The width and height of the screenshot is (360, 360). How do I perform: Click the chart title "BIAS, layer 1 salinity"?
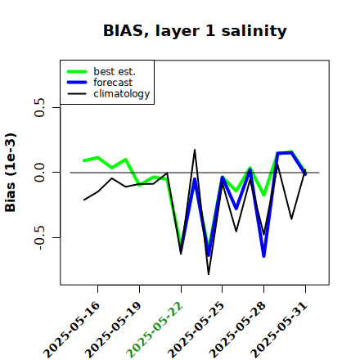(195, 31)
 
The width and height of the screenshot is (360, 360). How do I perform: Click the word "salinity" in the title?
(254, 31)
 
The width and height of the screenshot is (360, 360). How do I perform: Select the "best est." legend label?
(115, 71)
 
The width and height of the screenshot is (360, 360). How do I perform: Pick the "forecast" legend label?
(113, 83)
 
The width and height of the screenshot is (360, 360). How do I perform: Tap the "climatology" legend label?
(122, 94)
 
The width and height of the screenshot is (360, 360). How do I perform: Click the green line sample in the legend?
(77, 71)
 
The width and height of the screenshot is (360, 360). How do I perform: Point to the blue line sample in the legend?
(77, 83)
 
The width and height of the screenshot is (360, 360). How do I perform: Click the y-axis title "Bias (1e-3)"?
(11, 173)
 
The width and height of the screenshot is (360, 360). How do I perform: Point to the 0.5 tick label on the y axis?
(40, 107)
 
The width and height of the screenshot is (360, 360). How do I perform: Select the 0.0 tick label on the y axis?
(40, 173)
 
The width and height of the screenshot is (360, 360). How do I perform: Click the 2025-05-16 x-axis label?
(72, 330)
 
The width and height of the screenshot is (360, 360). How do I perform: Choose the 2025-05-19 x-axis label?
(113, 330)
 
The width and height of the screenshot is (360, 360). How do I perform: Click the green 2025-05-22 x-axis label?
(155, 330)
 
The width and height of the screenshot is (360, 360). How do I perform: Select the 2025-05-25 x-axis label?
(196, 330)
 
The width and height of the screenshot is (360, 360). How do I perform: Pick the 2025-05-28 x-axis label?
(237, 330)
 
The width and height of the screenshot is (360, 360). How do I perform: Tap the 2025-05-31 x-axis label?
(279, 330)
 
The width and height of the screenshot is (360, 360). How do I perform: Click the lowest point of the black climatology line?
(209, 274)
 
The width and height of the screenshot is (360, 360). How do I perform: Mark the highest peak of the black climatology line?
(195, 150)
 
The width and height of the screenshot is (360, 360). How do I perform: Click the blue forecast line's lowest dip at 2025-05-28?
(264, 256)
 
